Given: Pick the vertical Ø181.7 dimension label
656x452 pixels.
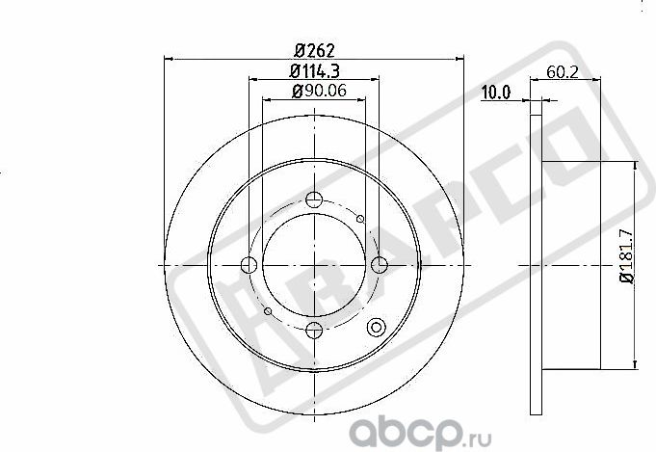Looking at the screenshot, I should tap(625, 254).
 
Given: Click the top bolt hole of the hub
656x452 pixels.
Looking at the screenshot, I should tap(314, 200).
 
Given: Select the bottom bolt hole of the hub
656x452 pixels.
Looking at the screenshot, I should tap(314, 331).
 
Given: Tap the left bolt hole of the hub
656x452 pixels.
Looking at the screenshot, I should tap(249, 265).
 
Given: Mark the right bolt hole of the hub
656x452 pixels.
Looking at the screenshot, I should tap(379, 265).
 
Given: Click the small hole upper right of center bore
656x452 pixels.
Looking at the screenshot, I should tap(360, 220).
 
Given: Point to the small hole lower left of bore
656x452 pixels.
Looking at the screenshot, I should tap(268, 311).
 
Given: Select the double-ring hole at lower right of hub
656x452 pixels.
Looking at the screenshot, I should tap(376, 326).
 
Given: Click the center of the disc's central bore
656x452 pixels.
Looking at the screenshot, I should tap(314, 265).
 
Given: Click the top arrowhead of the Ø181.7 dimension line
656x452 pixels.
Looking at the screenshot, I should tap(636, 164).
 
